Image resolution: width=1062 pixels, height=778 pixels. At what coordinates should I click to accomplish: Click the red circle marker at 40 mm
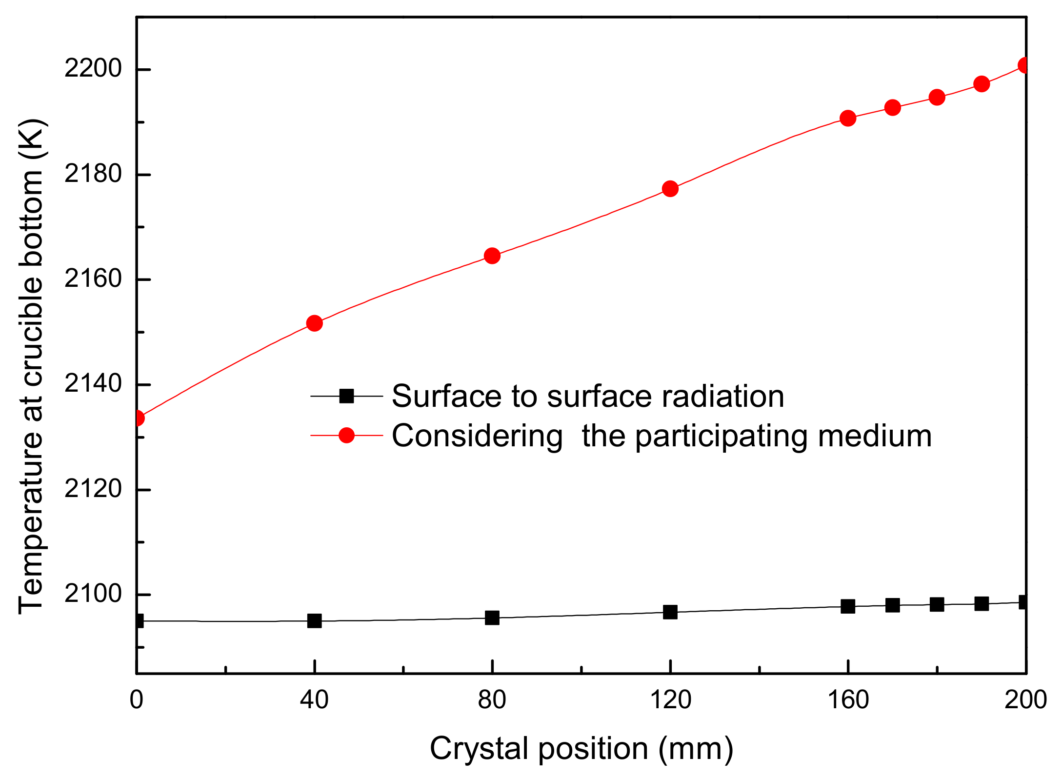tap(315, 323)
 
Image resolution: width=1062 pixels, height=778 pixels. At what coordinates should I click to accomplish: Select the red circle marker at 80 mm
tap(492, 256)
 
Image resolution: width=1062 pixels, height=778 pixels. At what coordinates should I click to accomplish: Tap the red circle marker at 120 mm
tap(670, 189)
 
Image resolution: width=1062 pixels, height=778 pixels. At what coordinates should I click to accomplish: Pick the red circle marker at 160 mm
tap(848, 118)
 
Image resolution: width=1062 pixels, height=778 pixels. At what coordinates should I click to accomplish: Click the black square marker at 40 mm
tap(315, 621)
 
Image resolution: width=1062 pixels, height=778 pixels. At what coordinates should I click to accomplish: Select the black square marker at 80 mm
tap(492, 618)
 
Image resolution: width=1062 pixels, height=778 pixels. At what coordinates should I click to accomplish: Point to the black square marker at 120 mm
tap(670, 612)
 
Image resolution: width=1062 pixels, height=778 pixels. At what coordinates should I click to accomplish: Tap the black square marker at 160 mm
tap(848, 606)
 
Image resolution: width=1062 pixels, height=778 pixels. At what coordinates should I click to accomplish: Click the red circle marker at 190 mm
tap(982, 84)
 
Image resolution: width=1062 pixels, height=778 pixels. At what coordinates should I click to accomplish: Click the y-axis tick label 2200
tap(93, 69)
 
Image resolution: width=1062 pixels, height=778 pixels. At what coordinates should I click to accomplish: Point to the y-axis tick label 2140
tap(93, 384)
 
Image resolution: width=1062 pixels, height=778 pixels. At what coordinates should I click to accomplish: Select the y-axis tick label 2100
tap(93, 594)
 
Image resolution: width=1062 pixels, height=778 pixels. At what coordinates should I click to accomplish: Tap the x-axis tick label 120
tap(670, 700)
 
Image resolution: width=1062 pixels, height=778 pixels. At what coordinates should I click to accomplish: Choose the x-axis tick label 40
tap(315, 700)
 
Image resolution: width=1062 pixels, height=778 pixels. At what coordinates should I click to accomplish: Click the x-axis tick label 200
tap(1025, 700)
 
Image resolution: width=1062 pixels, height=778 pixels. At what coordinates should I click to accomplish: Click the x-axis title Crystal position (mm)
tap(581, 749)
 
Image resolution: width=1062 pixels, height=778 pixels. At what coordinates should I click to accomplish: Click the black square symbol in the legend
tap(346, 396)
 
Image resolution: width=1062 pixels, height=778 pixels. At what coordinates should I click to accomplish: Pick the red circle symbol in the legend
tap(346, 435)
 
